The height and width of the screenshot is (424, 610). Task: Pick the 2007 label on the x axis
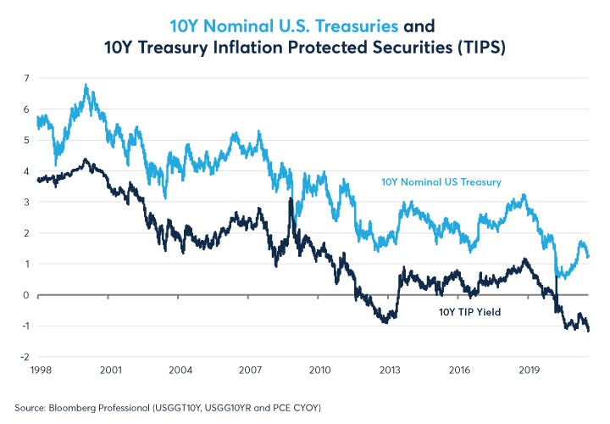(x=250, y=371)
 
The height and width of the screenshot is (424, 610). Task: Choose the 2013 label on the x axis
(x=390, y=371)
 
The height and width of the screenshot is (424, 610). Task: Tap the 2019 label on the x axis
(x=530, y=371)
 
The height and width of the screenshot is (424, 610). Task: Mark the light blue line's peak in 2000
(x=86, y=85)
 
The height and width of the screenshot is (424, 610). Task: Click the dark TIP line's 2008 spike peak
(x=291, y=199)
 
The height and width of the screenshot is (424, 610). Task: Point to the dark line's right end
(x=589, y=331)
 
